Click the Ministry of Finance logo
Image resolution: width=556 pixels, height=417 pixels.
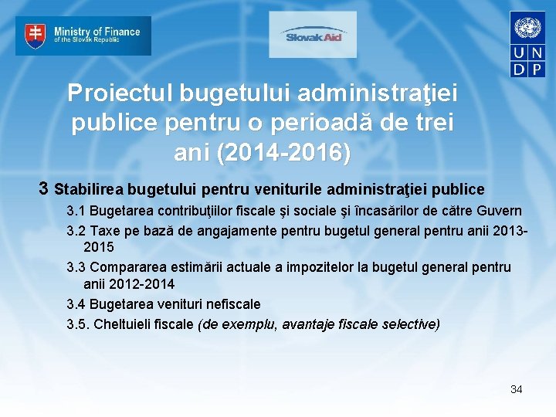click(83, 36)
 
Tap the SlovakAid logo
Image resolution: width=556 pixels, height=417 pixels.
click(313, 35)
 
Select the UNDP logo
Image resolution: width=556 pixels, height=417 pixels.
click(528, 44)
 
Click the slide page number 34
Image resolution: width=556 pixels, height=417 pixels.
click(516, 389)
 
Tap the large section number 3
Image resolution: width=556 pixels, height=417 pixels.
click(45, 188)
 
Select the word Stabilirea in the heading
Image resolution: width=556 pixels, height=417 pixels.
click(90, 189)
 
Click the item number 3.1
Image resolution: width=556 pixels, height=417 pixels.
click(76, 211)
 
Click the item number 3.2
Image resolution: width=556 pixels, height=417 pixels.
click(76, 230)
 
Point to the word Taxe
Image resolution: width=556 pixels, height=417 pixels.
click(104, 230)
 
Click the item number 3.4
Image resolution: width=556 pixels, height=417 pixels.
click(76, 304)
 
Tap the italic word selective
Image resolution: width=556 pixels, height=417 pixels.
click(409, 324)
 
